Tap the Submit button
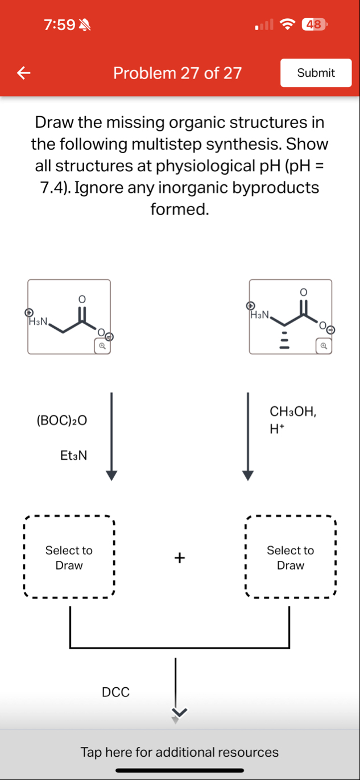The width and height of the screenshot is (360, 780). click(x=316, y=73)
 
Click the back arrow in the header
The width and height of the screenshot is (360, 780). click(x=23, y=73)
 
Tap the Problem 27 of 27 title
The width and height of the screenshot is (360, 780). click(x=177, y=73)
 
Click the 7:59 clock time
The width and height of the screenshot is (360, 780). click(x=59, y=24)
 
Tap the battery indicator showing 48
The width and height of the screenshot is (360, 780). click(x=315, y=24)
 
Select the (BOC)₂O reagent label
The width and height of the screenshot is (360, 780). click(x=61, y=420)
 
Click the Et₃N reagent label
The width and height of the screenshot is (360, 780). click(x=73, y=455)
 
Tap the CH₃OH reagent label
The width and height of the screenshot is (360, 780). click(x=293, y=411)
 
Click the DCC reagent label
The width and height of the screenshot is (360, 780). click(x=115, y=692)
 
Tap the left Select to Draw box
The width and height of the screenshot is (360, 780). click(x=69, y=558)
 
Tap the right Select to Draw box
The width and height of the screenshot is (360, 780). click(x=291, y=558)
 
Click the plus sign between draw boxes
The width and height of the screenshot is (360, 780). click(x=180, y=558)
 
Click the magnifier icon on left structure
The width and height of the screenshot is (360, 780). click(x=102, y=345)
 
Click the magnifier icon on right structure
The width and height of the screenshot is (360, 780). click(x=324, y=345)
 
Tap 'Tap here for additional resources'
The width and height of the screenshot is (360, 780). click(x=180, y=752)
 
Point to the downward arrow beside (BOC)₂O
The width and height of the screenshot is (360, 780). click(x=112, y=435)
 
